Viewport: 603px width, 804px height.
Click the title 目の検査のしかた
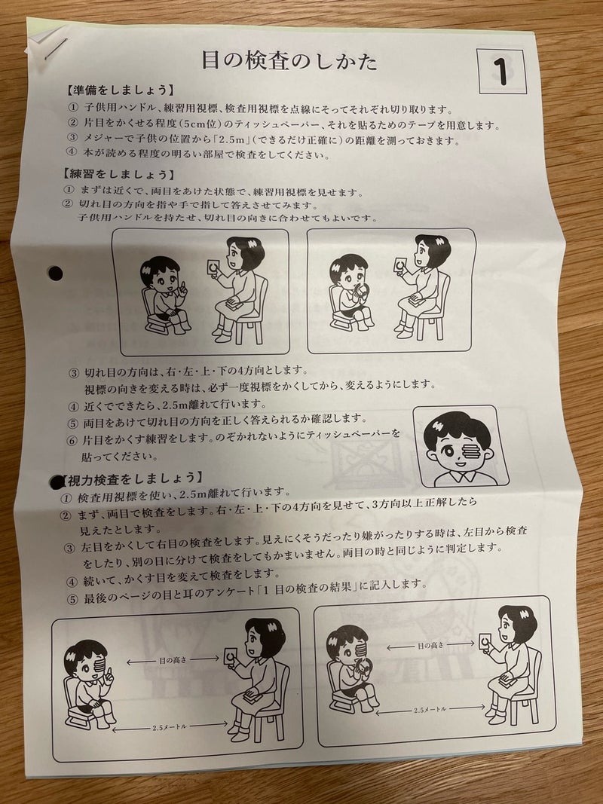point(289,60)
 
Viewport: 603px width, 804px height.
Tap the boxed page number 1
point(501,72)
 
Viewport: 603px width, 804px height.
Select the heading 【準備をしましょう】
point(120,90)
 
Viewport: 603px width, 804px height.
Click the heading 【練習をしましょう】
point(119,174)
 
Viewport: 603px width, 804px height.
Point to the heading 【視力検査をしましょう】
point(131,479)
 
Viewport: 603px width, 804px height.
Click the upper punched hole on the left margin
point(55,273)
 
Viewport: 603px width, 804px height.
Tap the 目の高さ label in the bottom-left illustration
point(173,660)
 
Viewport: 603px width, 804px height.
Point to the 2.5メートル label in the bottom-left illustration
point(170,727)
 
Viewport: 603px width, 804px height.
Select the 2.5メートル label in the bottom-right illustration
point(430,710)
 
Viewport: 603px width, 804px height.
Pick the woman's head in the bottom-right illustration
point(517,625)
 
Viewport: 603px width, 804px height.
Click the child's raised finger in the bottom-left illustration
point(108,676)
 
